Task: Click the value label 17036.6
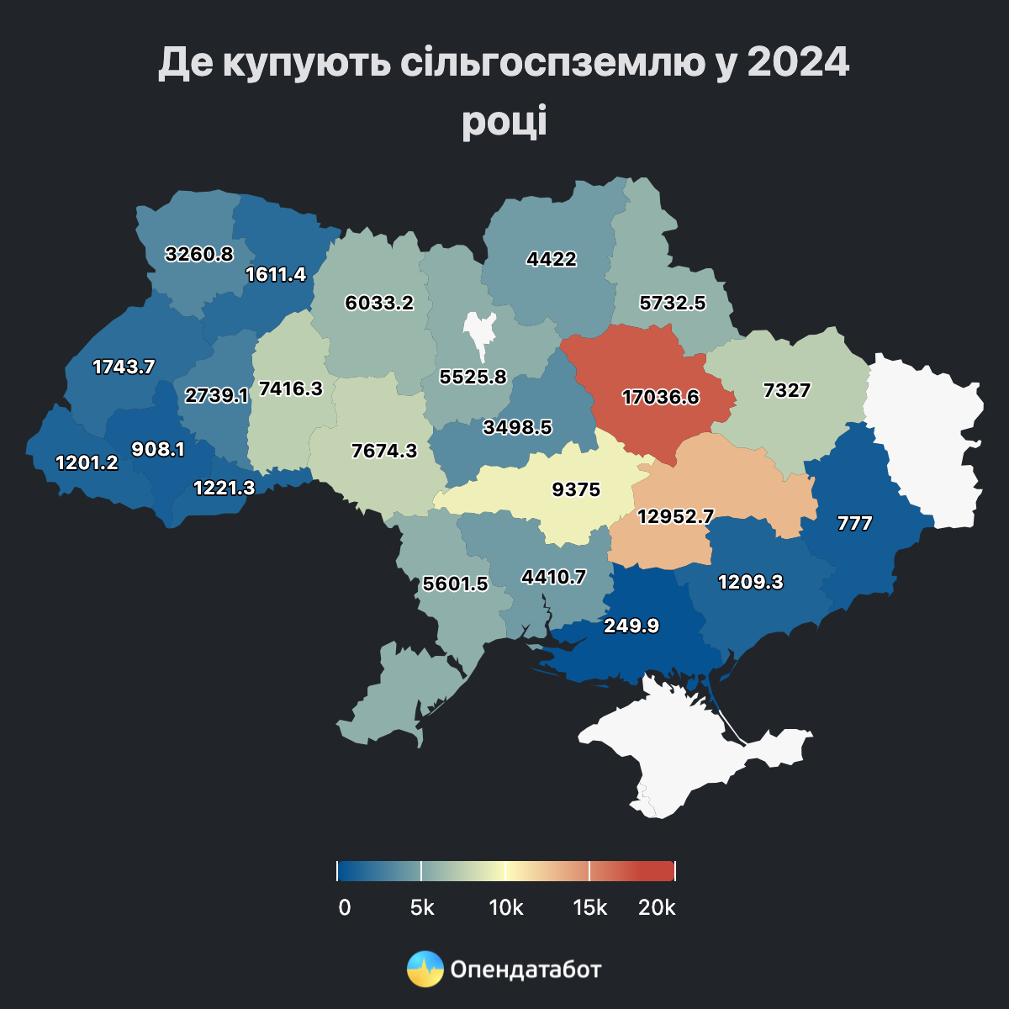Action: tap(660, 397)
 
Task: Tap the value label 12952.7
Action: tap(675, 516)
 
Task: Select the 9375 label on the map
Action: tap(576, 489)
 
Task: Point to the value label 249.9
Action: tap(631, 626)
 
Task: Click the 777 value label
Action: tap(855, 524)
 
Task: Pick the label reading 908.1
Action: tap(158, 449)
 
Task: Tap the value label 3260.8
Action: tap(199, 253)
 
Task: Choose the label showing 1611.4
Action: tap(276, 274)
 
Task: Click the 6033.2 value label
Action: tap(380, 303)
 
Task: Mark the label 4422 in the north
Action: tap(552, 259)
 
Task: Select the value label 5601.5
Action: tap(456, 584)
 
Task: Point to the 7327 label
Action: tap(787, 390)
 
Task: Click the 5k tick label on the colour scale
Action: tap(422, 908)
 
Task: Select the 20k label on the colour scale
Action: tap(658, 908)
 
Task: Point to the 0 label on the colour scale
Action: tap(344, 908)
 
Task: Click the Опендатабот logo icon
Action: tap(425, 969)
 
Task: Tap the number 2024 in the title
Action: tap(797, 64)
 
